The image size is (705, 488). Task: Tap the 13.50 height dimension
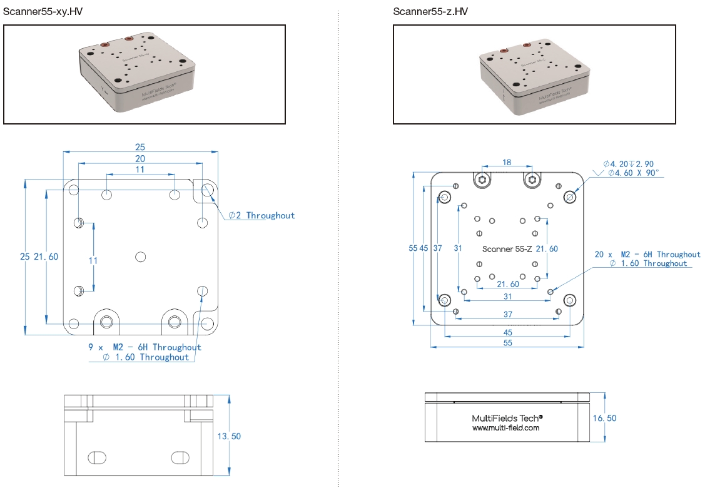pyautogui.click(x=229, y=436)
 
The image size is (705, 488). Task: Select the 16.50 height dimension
pyautogui.click(x=604, y=418)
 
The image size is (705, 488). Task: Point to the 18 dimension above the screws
pyautogui.click(x=507, y=162)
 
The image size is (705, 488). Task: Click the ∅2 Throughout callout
pyautogui.click(x=261, y=215)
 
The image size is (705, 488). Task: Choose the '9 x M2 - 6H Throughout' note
pyautogui.click(x=145, y=347)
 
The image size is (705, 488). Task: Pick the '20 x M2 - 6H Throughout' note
pyautogui.click(x=647, y=255)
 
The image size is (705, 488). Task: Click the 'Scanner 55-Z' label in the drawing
pyautogui.click(x=507, y=249)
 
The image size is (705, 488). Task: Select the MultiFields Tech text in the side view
pyautogui.click(x=507, y=417)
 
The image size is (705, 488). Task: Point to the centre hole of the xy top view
pyautogui.click(x=140, y=257)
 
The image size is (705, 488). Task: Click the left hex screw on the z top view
pyautogui.click(x=482, y=180)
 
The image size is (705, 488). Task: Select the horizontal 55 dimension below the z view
pyautogui.click(x=507, y=343)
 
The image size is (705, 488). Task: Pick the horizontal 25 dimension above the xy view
pyautogui.click(x=140, y=147)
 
